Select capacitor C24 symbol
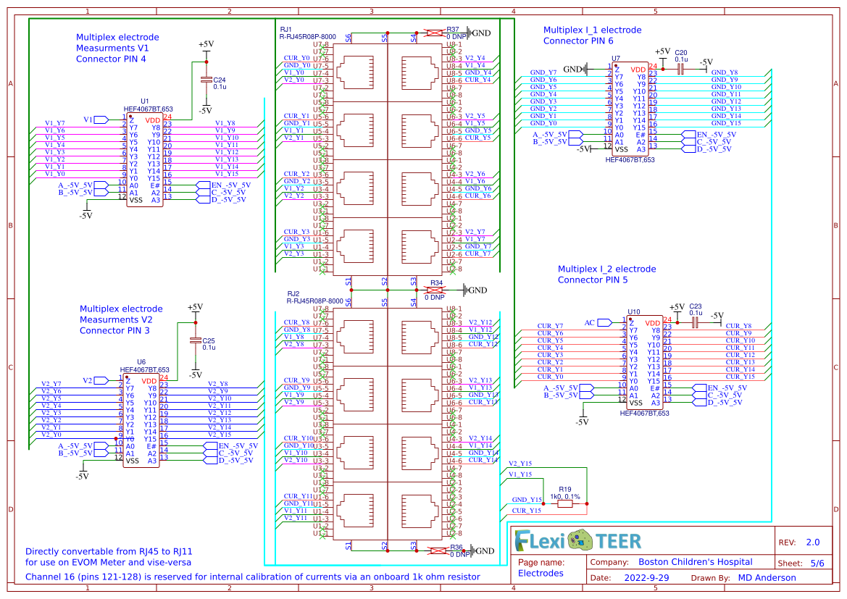[x=206, y=80]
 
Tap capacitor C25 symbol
[x=195, y=340]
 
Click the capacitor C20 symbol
[x=680, y=69]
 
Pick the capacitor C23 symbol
[x=695, y=322]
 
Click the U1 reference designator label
[x=144, y=101]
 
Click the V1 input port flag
[x=94, y=120]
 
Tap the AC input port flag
[x=595, y=323]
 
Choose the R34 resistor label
[x=436, y=282]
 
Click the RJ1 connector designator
[x=285, y=29]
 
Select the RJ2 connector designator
[x=293, y=293]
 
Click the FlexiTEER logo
[x=577, y=540]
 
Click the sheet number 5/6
[x=817, y=563]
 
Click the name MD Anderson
[x=767, y=578]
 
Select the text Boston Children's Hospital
[x=695, y=562]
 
